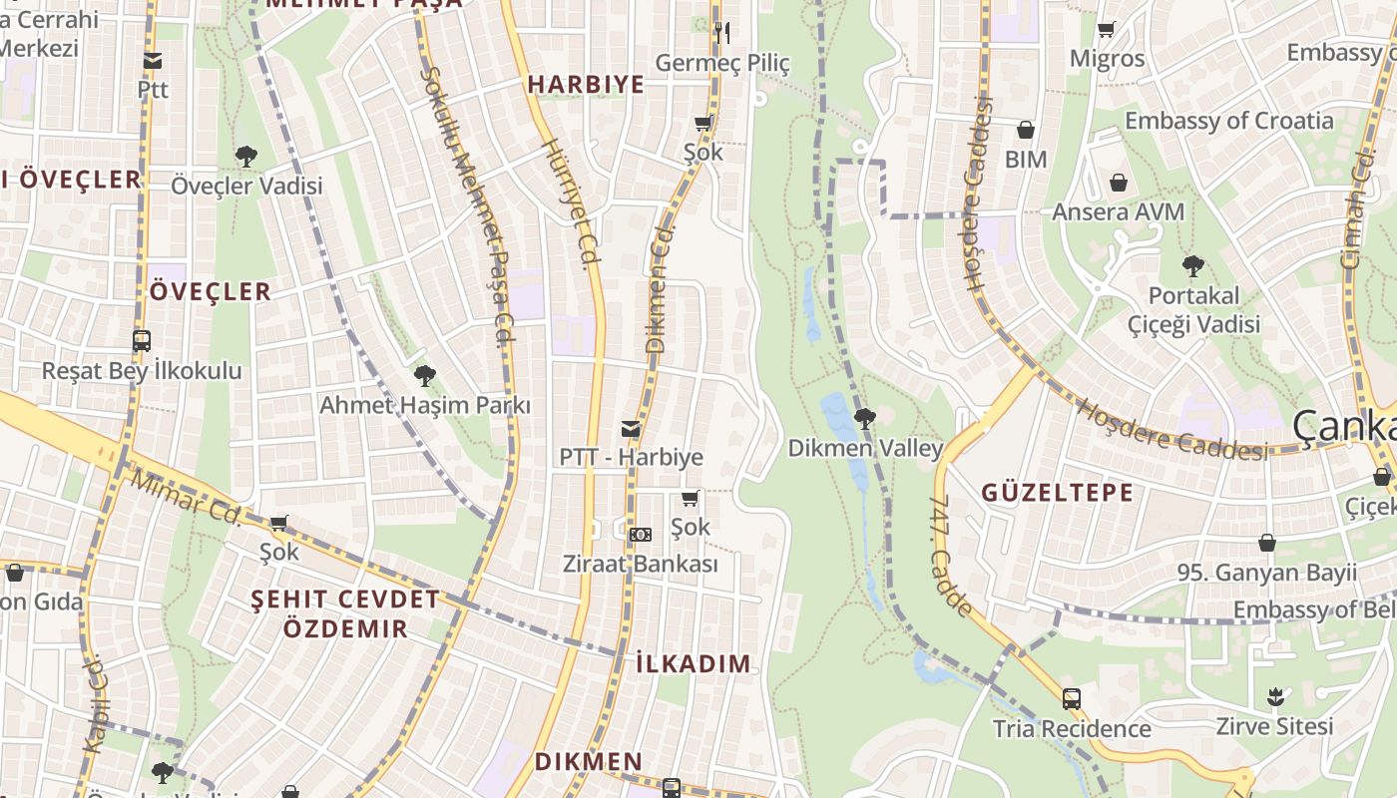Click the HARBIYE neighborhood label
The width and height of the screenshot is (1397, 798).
coord(586,85)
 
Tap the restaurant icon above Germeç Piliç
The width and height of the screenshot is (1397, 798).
coord(722,33)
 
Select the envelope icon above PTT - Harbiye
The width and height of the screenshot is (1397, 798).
coord(631,429)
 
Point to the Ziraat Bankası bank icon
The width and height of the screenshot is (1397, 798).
coord(641,535)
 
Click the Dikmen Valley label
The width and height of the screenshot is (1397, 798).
coord(865,448)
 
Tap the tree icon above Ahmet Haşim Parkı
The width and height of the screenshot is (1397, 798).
coord(425,376)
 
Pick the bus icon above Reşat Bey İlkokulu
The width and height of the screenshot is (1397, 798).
coord(142,341)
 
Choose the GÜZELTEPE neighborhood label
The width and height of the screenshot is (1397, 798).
coord(1058,492)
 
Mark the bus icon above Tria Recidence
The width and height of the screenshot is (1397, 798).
coord(1072,699)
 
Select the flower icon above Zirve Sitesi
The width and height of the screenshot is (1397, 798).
coord(1274,696)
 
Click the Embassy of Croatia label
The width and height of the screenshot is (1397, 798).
coord(1228,121)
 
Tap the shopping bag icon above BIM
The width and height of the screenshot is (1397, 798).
coord(1026,130)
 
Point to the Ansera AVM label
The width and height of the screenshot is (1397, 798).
coord(1118,211)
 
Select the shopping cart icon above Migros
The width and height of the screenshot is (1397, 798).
coord(1106,30)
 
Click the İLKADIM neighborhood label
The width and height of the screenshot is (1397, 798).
coord(693,663)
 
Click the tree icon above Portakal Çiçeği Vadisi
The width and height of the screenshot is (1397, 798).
coord(1192,266)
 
